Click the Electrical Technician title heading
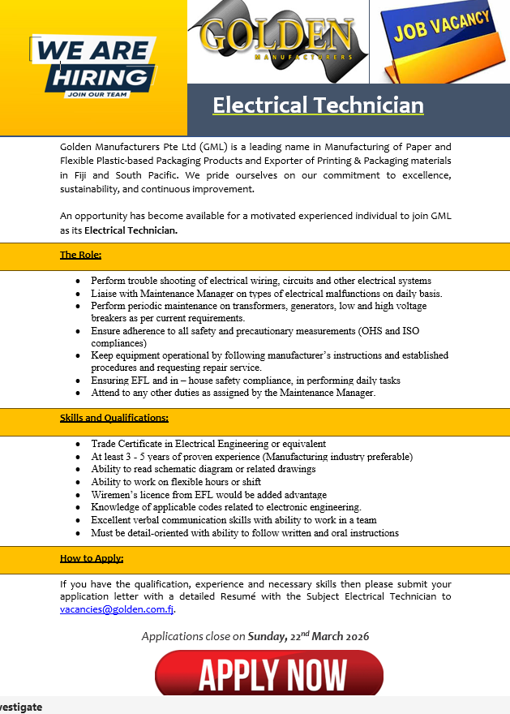(318, 105)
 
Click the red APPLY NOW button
(269, 673)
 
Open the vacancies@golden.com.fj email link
(117, 609)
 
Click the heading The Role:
(80, 255)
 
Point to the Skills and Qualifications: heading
(114, 418)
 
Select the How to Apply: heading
(92, 558)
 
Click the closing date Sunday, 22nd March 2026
(308, 636)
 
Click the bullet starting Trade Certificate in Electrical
(208, 444)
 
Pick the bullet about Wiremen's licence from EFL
(208, 495)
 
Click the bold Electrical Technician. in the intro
(131, 230)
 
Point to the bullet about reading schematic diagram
(203, 469)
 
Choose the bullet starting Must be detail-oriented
(244, 533)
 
